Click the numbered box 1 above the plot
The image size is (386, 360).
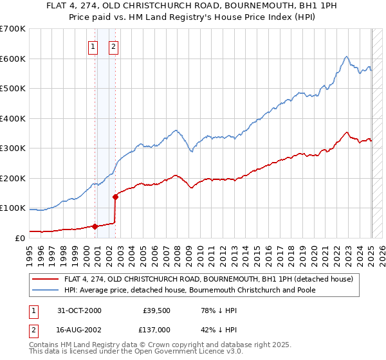coord(93,46)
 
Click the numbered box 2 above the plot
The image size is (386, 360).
coord(113,46)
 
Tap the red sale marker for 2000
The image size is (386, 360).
coord(95,226)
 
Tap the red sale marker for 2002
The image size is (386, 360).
coord(115,197)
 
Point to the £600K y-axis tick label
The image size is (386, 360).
coord(13,59)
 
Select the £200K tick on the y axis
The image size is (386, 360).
coord(13,178)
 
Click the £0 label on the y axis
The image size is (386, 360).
coord(19,238)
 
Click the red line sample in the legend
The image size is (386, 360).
coord(46,280)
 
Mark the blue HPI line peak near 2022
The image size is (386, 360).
coord(346,57)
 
